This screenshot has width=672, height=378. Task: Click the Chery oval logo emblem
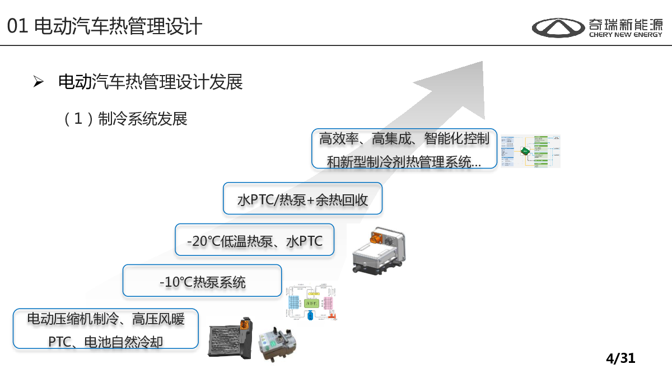[x=558, y=27]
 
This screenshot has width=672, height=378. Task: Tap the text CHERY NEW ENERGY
[x=626, y=35]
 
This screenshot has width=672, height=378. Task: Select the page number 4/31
[x=620, y=358]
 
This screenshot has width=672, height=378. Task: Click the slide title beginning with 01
[x=105, y=26]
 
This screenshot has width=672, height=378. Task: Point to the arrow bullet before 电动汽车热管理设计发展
[x=38, y=82]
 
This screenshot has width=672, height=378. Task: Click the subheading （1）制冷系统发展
[x=125, y=119]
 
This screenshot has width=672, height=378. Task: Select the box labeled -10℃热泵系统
[x=202, y=282]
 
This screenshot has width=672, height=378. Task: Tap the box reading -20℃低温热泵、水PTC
[x=255, y=241]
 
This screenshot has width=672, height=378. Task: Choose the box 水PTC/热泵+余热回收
[x=302, y=199]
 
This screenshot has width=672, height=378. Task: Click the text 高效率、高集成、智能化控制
[x=404, y=138]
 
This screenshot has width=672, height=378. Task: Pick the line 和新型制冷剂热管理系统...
[x=404, y=162]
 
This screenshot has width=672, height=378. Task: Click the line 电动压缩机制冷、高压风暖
[x=106, y=319]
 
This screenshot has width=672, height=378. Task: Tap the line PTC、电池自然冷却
[x=106, y=340]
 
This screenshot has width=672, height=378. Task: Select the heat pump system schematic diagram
[x=311, y=303]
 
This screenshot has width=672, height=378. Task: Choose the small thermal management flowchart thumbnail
[x=530, y=151]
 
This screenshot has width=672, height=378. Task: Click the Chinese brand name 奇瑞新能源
[x=625, y=24]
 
